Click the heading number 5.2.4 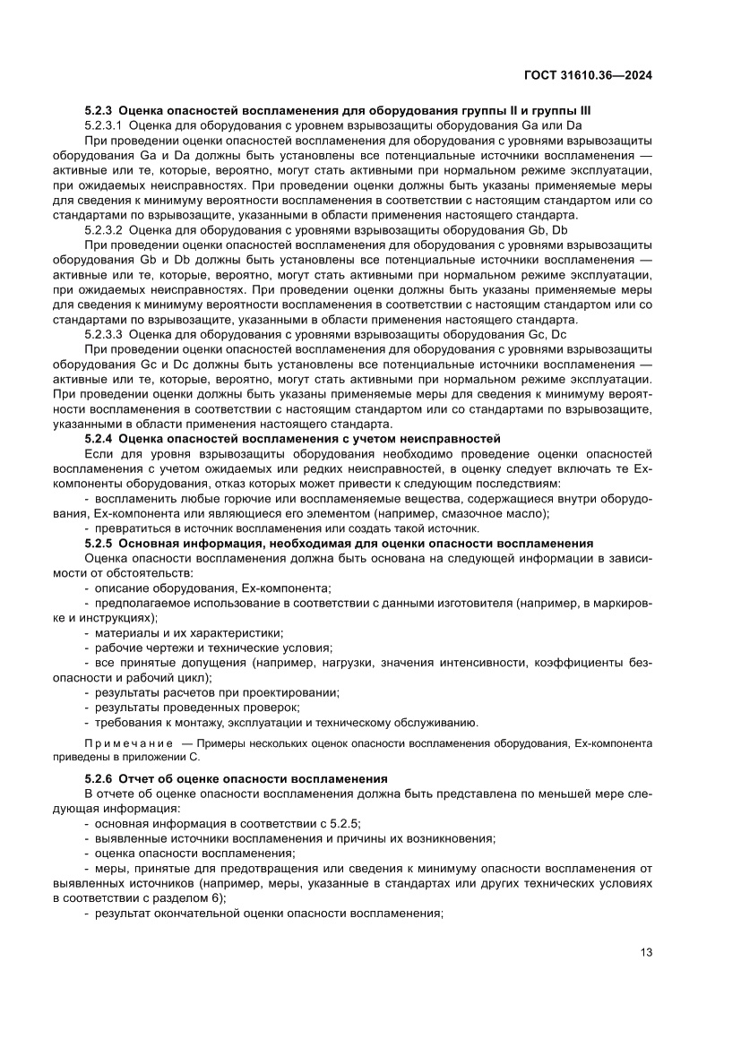click(x=98, y=438)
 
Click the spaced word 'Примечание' click(x=128, y=743)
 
